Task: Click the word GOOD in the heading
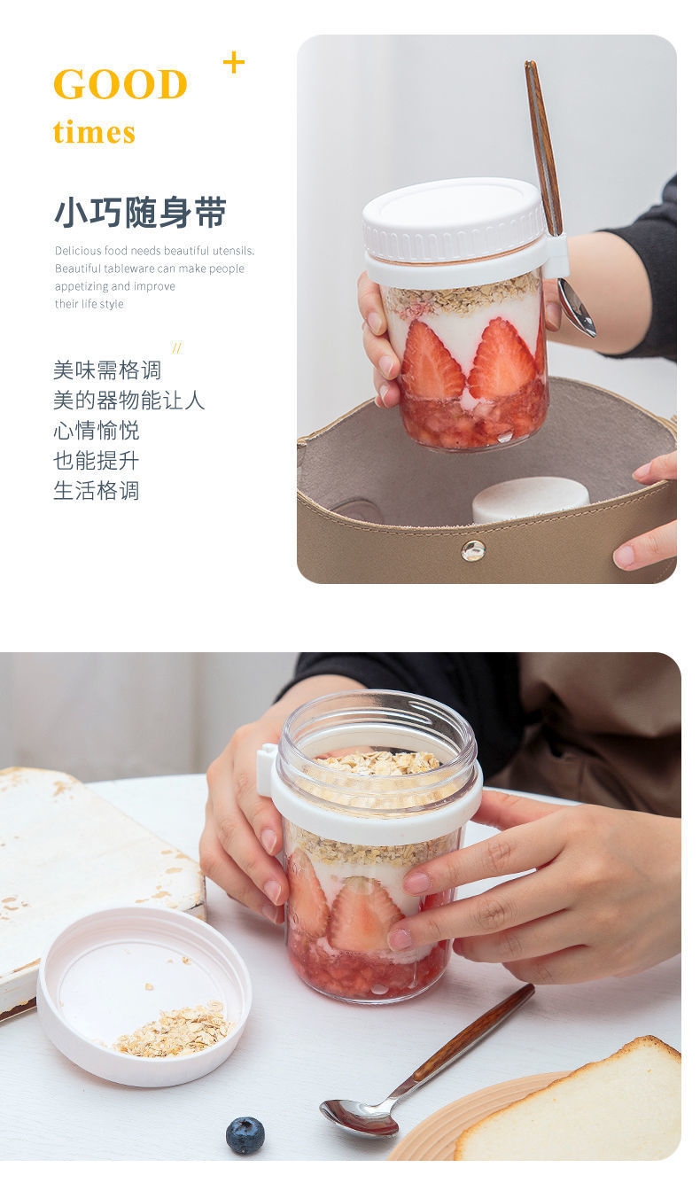[121, 84]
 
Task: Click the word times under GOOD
[94, 132]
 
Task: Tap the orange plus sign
[233, 63]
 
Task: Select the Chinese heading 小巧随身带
[140, 212]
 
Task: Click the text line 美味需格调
[107, 370]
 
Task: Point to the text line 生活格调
[97, 490]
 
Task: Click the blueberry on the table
[245, 1134]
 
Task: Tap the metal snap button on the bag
[473, 550]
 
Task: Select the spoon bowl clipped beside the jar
[577, 308]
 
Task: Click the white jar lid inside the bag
[530, 500]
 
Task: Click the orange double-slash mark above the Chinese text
[177, 348]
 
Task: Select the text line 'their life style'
[89, 304]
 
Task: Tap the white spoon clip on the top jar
[556, 256]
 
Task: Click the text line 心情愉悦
[97, 430]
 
